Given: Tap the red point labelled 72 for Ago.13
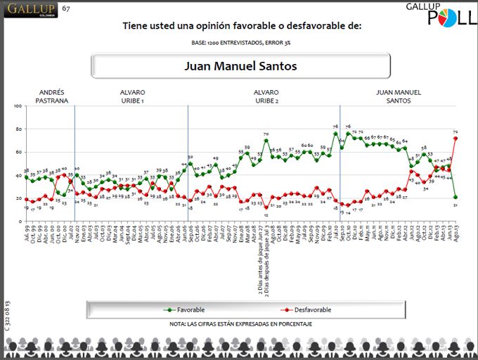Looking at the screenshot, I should point(456,138).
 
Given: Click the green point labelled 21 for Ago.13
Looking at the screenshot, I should point(456,197).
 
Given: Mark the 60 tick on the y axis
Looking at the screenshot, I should point(19,152).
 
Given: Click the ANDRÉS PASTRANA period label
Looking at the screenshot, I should point(52,96).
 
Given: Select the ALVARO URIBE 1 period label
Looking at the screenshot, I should point(132,96).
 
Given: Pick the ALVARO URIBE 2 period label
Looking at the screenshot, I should point(266,96).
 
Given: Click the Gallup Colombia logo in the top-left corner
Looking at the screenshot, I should point(30,10).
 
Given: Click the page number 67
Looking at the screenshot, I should point(66,8).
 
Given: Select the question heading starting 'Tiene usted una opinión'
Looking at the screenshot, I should point(242,26).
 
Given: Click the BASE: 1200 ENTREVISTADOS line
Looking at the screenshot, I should point(241,44).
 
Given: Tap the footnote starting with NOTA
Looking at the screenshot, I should point(241,324).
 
